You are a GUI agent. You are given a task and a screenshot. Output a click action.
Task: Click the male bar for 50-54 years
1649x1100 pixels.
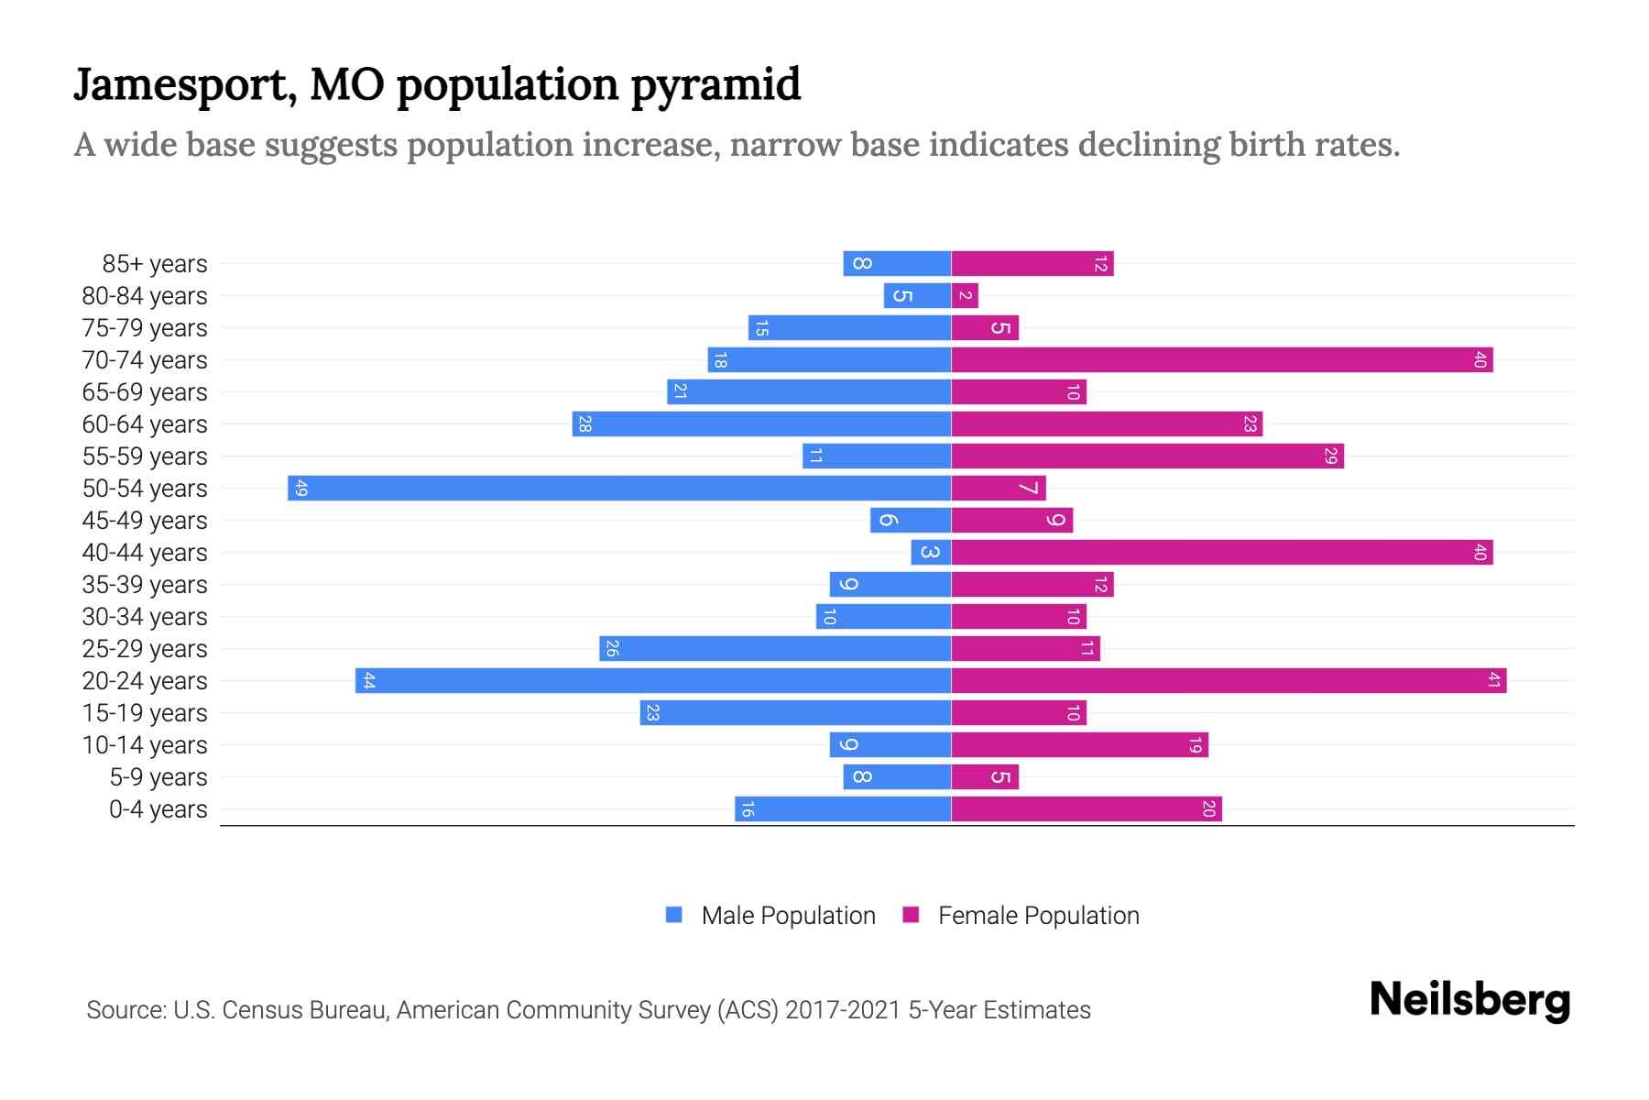pyautogui.click(x=619, y=488)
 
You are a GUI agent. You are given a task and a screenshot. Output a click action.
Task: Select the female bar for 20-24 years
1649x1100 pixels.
pyautogui.click(x=1229, y=680)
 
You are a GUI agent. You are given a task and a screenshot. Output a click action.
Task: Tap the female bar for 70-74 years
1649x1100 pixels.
pyautogui.click(x=1222, y=359)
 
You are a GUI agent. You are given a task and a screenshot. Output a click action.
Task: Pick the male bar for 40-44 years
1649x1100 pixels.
pyautogui.click(x=931, y=552)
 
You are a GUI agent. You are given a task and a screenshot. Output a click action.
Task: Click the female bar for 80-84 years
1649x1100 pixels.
pyautogui.click(x=965, y=295)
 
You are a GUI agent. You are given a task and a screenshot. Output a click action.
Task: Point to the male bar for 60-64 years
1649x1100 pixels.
pyautogui.click(x=761, y=423)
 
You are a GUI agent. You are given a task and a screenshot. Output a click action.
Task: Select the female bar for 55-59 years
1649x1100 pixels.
pyautogui.click(x=1147, y=456)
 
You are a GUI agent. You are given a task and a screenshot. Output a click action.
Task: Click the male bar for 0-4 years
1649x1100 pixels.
pyautogui.click(x=843, y=808)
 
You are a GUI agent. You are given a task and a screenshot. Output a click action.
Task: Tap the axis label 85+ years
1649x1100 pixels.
pyautogui.click(x=155, y=264)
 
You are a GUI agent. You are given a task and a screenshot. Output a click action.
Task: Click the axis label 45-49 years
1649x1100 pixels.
pyautogui.click(x=145, y=521)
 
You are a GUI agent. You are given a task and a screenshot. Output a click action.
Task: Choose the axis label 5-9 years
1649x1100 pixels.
pyautogui.click(x=158, y=777)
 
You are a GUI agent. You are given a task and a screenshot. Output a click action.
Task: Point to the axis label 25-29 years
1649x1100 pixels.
pyautogui.click(x=145, y=649)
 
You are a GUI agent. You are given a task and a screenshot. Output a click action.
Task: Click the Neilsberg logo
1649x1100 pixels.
pyautogui.click(x=1469, y=1000)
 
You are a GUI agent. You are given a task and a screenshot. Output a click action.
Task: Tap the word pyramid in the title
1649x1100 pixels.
pyautogui.click(x=715, y=84)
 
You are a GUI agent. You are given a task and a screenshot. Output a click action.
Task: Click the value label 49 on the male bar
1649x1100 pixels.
pyautogui.click(x=300, y=488)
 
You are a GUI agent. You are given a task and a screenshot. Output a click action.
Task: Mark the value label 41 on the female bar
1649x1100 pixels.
pyautogui.click(x=1493, y=680)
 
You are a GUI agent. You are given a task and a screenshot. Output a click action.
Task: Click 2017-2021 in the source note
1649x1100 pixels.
pyautogui.click(x=843, y=1010)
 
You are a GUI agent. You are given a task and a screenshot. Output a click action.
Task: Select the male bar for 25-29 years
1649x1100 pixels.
pyautogui.click(x=775, y=648)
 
